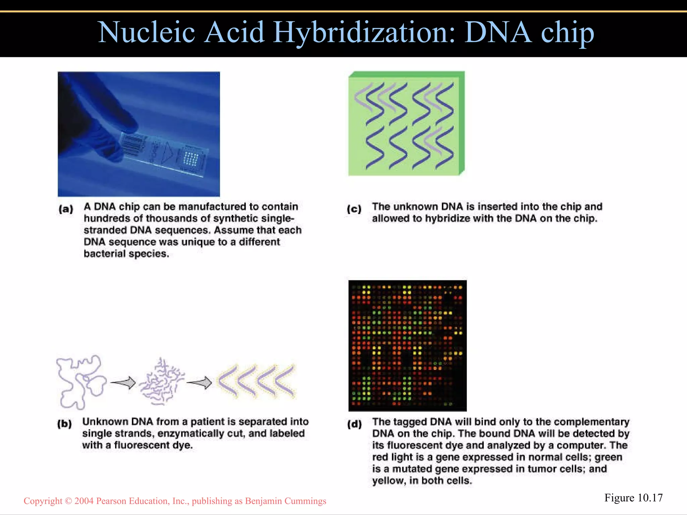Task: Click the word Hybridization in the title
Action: (364, 33)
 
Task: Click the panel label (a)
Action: (66, 209)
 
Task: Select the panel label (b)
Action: (64, 424)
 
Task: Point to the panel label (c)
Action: (354, 209)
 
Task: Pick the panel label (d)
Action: (354, 424)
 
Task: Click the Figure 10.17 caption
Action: (633, 498)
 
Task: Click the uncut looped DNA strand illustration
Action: (81, 382)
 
